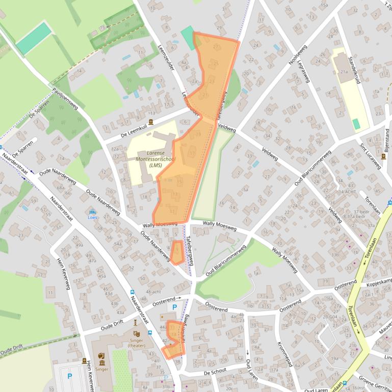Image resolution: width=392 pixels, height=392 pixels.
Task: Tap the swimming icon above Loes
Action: pyautogui.click(x=92, y=212)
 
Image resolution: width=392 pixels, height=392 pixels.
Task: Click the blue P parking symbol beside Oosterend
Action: pyautogui.click(x=175, y=307)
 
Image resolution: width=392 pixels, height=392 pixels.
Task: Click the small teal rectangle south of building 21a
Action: pyautogui.click(x=356, y=124)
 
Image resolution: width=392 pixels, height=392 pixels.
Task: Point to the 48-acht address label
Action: pyautogui.click(x=153, y=291)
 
